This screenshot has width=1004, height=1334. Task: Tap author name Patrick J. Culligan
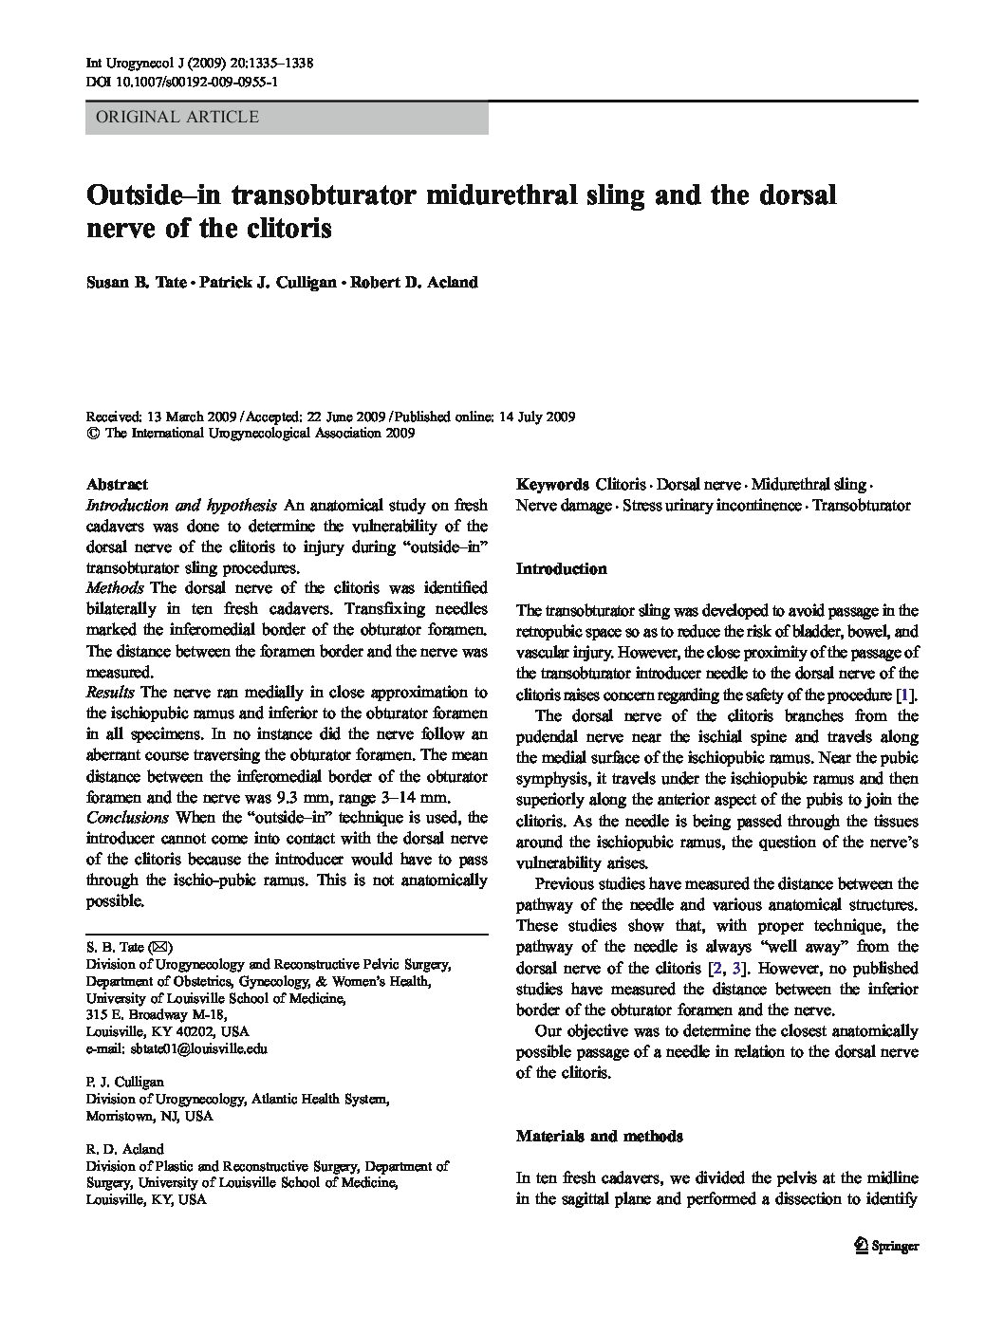(x=267, y=283)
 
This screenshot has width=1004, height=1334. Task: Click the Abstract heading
(x=117, y=484)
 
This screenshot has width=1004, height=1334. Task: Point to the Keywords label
(x=552, y=484)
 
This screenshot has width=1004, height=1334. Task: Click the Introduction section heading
(x=561, y=569)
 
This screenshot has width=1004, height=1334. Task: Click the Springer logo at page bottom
(x=886, y=1247)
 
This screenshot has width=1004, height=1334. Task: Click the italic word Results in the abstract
(x=110, y=692)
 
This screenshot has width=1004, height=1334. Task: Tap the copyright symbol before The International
(x=93, y=434)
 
